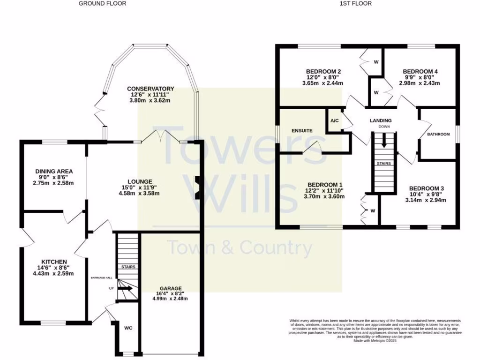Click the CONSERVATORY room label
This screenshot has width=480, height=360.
pos(150,89)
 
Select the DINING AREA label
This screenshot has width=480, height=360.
pos(54,171)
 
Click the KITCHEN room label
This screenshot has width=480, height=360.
pos(54,262)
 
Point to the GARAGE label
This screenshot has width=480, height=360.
pos(170,288)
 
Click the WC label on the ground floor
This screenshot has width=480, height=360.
pos(128,328)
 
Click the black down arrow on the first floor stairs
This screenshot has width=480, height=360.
pos(384,141)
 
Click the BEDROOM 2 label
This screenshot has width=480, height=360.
pos(323,71)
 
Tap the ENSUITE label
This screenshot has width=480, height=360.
pos(301,130)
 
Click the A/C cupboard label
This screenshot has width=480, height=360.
pos(335,120)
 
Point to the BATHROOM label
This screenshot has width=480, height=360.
pos(438,134)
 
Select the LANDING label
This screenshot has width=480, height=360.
pos(380,120)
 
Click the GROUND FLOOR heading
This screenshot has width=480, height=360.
pos(102,3)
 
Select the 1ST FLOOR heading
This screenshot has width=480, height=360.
pos(356,3)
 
